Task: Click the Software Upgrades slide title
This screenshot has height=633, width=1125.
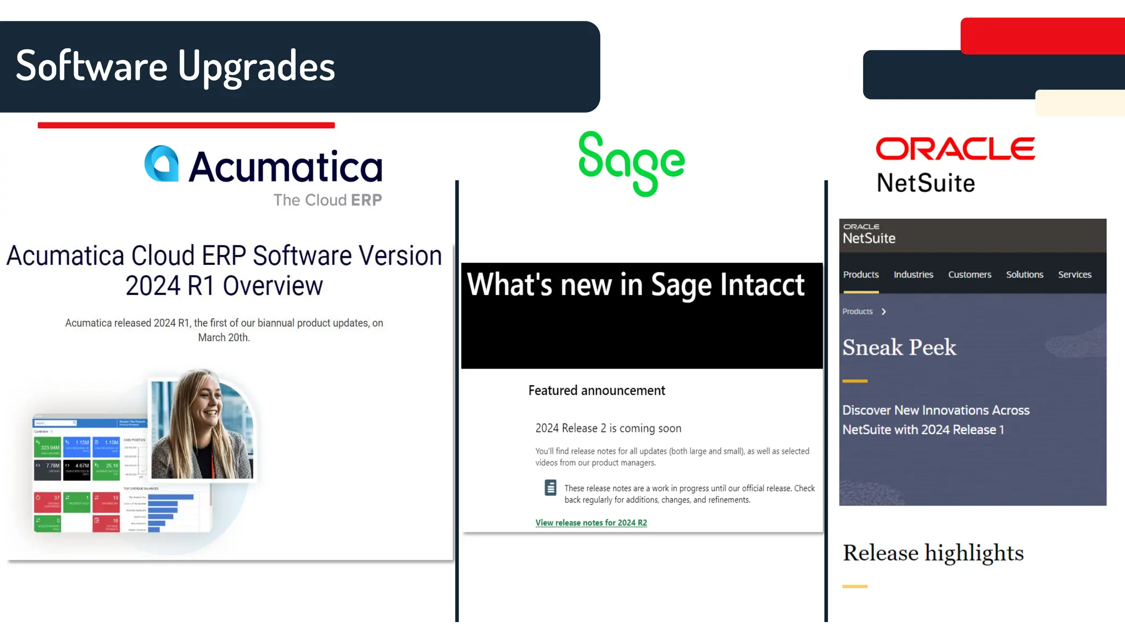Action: click(175, 66)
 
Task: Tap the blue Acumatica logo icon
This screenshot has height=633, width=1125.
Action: click(161, 164)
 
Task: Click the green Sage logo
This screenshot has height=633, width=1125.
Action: click(632, 163)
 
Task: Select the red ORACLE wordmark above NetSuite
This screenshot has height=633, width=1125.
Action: click(955, 149)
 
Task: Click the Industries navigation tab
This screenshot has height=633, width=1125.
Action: click(913, 275)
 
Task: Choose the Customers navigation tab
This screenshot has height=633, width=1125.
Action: click(970, 275)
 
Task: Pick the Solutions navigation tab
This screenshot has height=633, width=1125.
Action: click(1024, 275)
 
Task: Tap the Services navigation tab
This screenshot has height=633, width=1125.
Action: click(1074, 275)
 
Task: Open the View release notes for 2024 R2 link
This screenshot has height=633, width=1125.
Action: click(591, 523)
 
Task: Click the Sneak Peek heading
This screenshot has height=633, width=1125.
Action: click(899, 347)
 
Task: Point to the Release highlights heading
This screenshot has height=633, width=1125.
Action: click(933, 553)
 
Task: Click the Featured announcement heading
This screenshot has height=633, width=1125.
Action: click(597, 391)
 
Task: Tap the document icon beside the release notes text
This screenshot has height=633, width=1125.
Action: click(550, 487)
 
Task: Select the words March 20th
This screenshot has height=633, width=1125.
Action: click(224, 337)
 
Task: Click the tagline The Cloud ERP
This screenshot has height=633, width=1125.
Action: click(327, 200)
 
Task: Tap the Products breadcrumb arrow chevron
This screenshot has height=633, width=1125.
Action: click(884, 312)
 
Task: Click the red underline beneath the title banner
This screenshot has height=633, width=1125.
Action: click(186, 125)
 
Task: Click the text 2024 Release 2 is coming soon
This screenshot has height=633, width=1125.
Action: click(608, 428)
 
